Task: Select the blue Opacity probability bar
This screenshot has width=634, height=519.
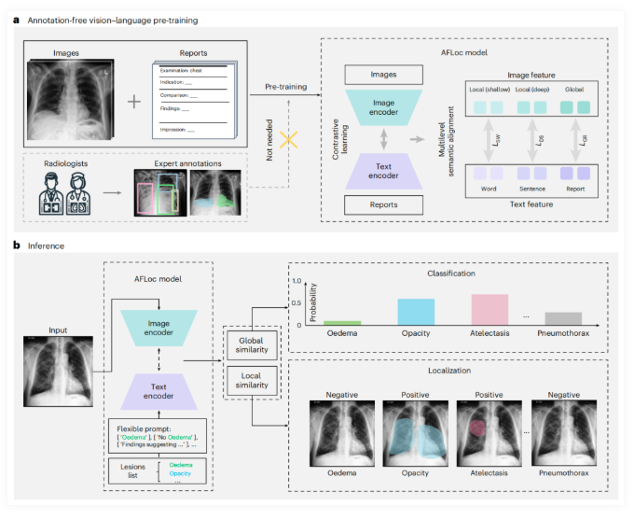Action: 416,312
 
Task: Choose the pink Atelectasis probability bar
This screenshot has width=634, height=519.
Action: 489,309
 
